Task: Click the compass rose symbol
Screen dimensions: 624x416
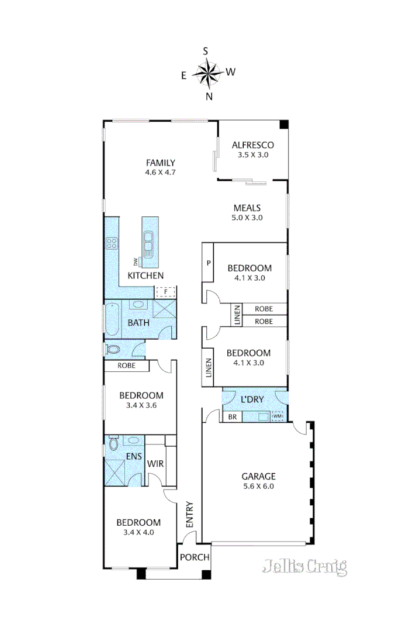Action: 207,73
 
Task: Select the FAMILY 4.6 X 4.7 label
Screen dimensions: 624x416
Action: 161,167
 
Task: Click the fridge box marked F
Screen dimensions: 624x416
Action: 165,291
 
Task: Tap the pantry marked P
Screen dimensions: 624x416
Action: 207,263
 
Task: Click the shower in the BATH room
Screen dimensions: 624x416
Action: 166,310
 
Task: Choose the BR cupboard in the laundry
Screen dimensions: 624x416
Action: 231,418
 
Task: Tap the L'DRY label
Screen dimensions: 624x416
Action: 252,399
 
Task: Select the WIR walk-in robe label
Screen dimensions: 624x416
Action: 154,464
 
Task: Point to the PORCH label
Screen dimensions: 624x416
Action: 195,557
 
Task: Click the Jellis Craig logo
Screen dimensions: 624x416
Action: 304,566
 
